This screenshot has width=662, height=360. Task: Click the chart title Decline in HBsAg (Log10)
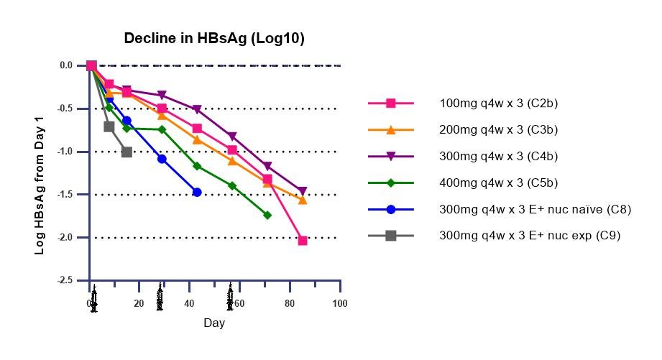click(x=214, y=39)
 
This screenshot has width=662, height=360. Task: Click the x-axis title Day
click(x=214, y=323)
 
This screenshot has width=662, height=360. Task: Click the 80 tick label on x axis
click(x=290, y=304)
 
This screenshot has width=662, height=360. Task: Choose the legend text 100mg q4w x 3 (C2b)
click(x=498, y=103)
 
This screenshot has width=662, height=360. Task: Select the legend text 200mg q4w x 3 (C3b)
click(x=498, y=130)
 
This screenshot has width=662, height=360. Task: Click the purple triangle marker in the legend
click(x=390, y=156)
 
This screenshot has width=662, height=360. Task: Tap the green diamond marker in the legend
click(x=390, y=183)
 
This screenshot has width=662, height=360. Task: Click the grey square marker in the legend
click(x=390, y=235)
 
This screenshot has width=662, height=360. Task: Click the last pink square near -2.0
click(x=303, y=241)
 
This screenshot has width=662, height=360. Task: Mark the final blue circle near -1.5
click(x=197, y=192)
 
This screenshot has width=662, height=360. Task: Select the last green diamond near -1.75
click(x=267, y=215)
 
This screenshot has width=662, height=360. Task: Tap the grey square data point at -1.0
click(x=127, y=152)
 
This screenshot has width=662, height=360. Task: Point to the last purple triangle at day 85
click(x=303, y=191)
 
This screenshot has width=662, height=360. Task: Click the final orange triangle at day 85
click(x=303, y=200)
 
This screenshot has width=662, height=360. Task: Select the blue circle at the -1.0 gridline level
click(x=162, y=159)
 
